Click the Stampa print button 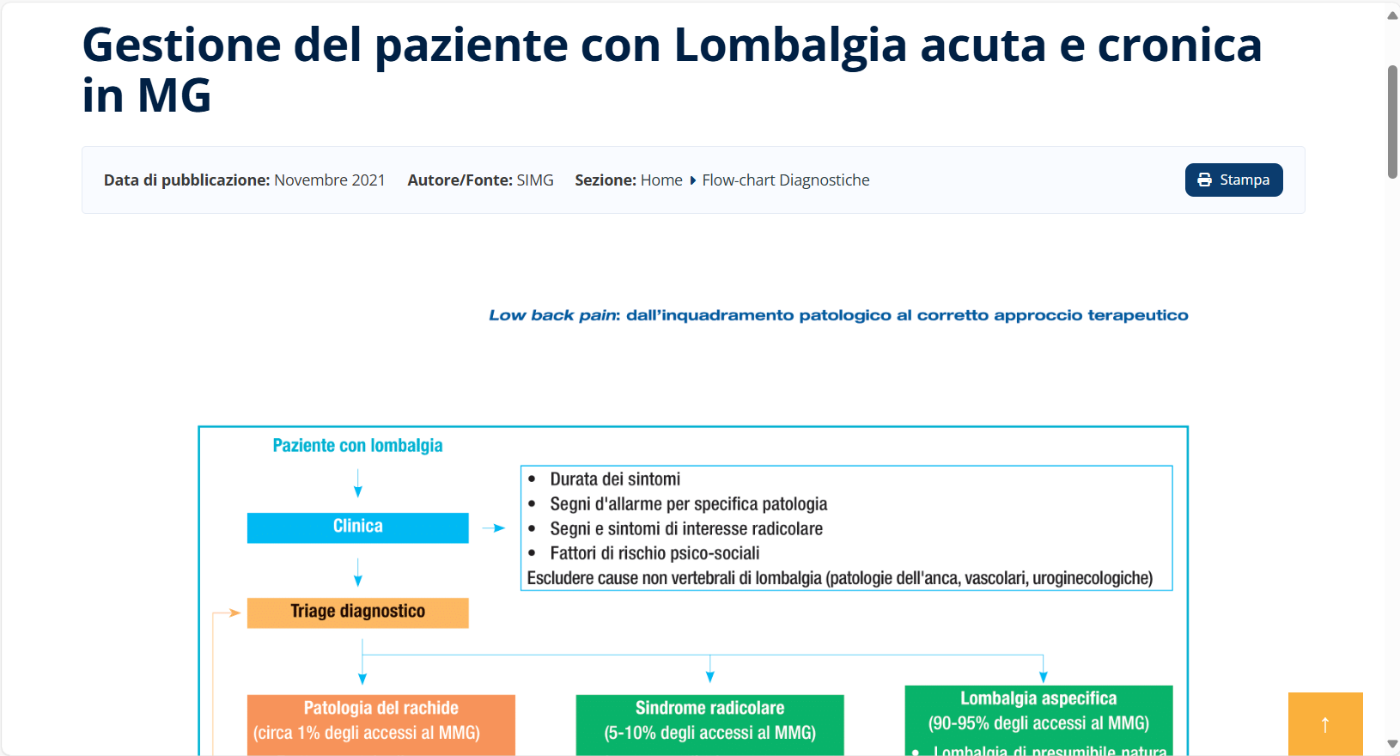pyautogui.click(x=1233, y=180)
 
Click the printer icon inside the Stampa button pyautogui.click(x=1204, y=180)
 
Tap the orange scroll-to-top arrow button pyautogui.click(x=1324, y=723)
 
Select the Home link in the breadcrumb pyautogui.click(x=660, y=180)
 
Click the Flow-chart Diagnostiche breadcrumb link pyautogui.click(x=785, y=180)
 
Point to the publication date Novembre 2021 pyautogui.click(x=329, y=180)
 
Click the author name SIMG pyautogui.click(x=534, y=180)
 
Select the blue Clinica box pyautogui.click(x=357, y=527)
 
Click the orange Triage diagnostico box pyautogui.click(x=357, y=612)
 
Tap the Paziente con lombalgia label pyautogui.click(x=357, y=445)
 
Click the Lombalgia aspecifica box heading pyautogui.click(x=1038, y=698)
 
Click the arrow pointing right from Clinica pyautogui.click(x=494, y=527)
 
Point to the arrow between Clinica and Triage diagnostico pyautogui.click(x=358, y=571)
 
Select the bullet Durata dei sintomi pyautogui.click(x=614, y=479)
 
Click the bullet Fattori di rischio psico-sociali pyautogui.click(x=654, y=553)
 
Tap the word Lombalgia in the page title pyautogui.click(x=789, y=45)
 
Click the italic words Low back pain pyautogui.click(x=552, y=315)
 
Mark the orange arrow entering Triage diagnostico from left pyautogui.click(x=228, y=613)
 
